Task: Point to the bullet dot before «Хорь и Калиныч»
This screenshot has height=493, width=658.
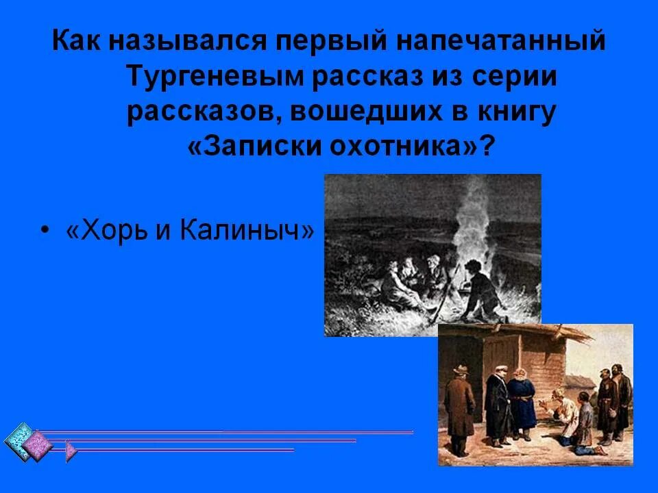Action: click(x=45, y=231)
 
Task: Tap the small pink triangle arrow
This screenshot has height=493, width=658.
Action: click(x=70, y=451)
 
